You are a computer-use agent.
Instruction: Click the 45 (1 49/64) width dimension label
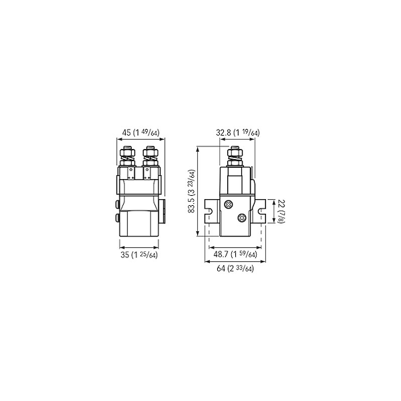[140, 133]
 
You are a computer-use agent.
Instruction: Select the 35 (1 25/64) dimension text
[139, 255]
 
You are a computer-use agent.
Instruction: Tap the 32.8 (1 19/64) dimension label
[237, 133]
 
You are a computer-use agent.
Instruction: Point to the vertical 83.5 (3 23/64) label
[192, 191]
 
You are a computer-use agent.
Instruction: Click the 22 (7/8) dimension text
[281, 211]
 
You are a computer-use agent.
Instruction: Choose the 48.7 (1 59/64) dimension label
[235, 255]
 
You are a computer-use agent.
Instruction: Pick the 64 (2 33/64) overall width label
[235, 269]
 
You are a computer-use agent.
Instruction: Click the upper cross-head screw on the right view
[229, 205]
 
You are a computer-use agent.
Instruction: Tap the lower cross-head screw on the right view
[242, 218]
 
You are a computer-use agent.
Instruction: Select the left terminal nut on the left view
[128, 153]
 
